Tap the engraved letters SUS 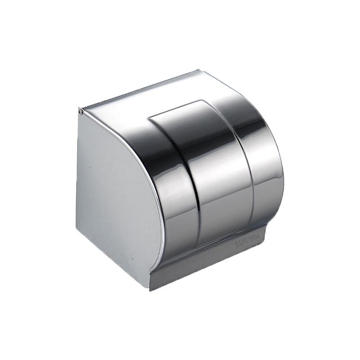[242, 243]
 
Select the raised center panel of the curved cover [216, 180]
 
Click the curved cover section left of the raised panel [171, 189]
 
